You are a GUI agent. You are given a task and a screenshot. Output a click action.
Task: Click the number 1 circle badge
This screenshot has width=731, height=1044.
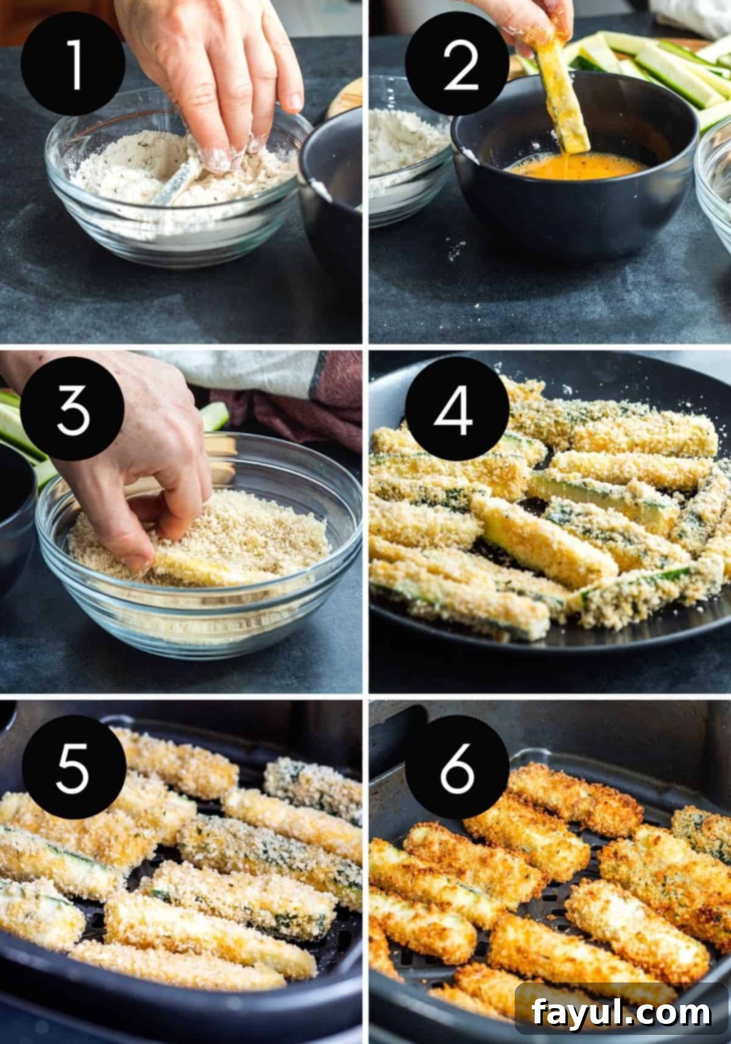point(72,64)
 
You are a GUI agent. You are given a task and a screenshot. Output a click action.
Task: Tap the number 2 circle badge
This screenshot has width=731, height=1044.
point(457,64)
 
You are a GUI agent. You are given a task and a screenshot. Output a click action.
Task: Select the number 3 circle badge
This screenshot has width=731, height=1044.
point(72,409)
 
